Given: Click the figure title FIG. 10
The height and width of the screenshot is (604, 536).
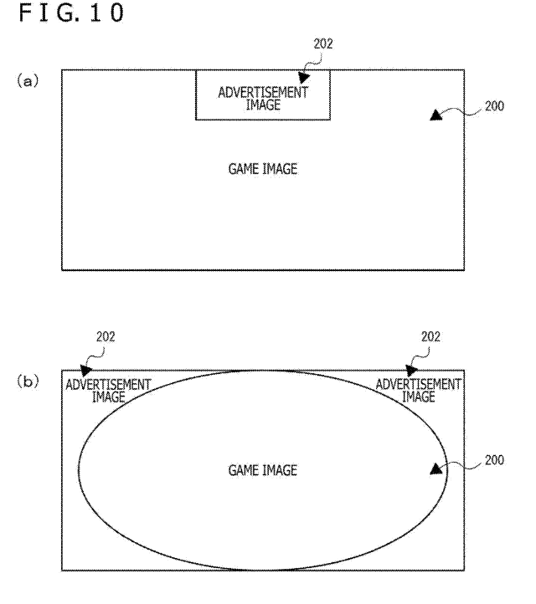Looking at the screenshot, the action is tap(71, 13).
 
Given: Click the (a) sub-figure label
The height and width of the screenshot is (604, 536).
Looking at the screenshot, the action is tap(28, 81).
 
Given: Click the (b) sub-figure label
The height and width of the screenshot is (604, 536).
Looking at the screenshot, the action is tap(28, 381).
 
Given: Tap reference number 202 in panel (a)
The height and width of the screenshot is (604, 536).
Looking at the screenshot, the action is tap(323, 44).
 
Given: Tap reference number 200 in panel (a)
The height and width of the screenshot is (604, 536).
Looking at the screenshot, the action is tap(494, 106).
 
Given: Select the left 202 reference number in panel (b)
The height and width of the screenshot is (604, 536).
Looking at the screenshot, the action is tap(106, 336).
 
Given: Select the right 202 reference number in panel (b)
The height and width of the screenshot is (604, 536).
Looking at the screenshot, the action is tap(430, 336).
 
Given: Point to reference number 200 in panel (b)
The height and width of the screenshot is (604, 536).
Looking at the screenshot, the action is tap(494, 460).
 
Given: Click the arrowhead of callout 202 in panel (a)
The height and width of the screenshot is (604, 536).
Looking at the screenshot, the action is tap(304, 77).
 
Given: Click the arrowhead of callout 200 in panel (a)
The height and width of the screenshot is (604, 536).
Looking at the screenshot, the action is tap(436, 115).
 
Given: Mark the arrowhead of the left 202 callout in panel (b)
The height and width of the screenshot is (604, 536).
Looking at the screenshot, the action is tap(86, 371).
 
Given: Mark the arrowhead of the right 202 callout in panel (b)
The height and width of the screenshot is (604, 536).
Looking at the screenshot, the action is tap(411, 371).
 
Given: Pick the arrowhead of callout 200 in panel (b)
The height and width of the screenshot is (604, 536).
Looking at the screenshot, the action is tap(436, 469).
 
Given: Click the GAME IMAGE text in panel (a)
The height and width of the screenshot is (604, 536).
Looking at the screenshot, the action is tap(263, 169).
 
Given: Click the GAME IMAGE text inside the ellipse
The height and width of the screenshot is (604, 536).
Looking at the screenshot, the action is tap(263, 470).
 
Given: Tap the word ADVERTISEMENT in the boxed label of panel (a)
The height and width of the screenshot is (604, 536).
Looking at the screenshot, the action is tap(263, 93).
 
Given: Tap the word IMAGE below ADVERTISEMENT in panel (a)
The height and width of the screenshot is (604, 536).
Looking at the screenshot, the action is tap(263, 105).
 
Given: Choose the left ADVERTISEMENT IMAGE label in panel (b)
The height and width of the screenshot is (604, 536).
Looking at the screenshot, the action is tap(108, 391).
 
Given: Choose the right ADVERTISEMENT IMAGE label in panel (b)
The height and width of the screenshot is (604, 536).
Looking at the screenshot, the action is tap(419, 391).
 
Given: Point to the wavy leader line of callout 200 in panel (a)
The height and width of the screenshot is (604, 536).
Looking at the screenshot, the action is tap(461, 111).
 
